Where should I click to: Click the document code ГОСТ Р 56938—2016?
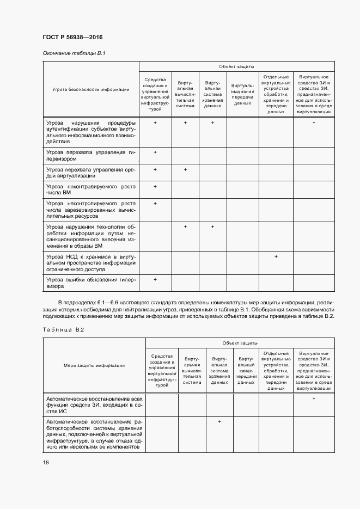(x=72, y=37)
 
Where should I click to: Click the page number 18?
(x=46, y=462)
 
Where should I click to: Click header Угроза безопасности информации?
(x=91, y=89)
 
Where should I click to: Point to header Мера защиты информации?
(x=94, y=365)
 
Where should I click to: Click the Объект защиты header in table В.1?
(x=236, y=66)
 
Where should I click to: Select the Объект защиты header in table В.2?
(x=240, y=343)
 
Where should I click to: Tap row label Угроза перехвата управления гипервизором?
(x=90, y=156)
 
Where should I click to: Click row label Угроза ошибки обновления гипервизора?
(x=90, y=283)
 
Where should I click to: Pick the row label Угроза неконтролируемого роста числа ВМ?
(x=90, y=189)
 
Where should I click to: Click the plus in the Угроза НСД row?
(x=276, y=256)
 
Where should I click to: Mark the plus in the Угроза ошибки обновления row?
(x=155, y=279)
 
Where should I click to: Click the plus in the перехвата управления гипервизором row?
(x=155, y=152)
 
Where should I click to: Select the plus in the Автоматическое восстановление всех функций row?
(x=314, y=399)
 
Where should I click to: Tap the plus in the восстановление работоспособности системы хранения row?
(x=219, y=422)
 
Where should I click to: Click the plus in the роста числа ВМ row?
(x=155, y=186)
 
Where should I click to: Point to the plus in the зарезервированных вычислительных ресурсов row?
(x=155, y=203)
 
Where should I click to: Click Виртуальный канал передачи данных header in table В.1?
(x=242, y=93)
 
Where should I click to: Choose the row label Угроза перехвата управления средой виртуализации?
(x=90, y=173)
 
